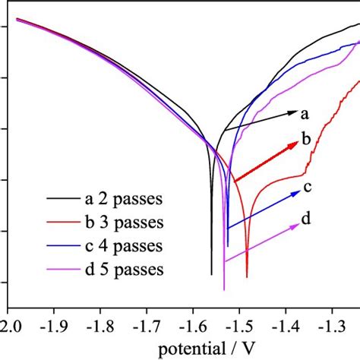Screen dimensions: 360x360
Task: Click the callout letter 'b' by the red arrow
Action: [306, 138]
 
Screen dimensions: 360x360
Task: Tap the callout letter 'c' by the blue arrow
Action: [307, 187]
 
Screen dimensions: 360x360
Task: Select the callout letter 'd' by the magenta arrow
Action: [305, 220]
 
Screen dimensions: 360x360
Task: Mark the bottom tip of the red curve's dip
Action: [247, 276]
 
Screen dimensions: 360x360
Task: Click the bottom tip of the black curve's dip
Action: [212, 274]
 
